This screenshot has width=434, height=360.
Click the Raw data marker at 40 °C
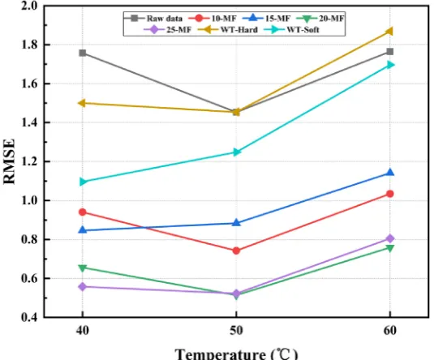83,53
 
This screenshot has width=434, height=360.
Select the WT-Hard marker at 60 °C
389,32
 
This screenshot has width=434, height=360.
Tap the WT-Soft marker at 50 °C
236,152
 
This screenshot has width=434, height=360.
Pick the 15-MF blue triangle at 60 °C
390,173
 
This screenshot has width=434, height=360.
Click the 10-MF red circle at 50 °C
236,251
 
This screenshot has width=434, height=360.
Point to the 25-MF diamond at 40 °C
83,287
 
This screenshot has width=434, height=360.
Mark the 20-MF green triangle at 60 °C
390,248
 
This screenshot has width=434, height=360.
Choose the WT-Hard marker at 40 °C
82,103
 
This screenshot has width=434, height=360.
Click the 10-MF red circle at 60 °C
390,194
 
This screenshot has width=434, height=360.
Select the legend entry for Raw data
153,19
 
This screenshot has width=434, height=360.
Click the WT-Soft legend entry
292,30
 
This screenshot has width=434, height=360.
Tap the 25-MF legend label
178,30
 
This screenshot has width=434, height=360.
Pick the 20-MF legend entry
320,19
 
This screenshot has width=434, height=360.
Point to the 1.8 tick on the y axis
29,45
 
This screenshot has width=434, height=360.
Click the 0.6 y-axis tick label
29,278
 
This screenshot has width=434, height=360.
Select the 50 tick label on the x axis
236,330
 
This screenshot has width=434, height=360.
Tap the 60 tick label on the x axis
390,330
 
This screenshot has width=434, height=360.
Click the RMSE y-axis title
9,161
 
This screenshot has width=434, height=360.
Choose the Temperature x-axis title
236,354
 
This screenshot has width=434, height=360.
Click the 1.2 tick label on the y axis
29,161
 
